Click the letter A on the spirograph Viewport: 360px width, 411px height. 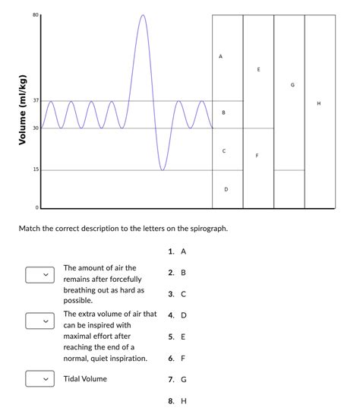pos(220,56)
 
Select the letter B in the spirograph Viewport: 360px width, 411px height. pos(223,112)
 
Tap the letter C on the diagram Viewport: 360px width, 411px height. pos(224,151)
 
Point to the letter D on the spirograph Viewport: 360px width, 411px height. pos(226,188)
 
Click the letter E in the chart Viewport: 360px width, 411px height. pos(258,69)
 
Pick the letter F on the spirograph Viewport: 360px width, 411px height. pos(257,156)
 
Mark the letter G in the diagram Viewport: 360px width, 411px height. pos(292,84)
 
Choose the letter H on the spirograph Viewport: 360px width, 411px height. pos(319,103)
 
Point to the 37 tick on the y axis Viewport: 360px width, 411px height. pos(35,101)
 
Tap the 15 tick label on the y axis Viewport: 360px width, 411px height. pos(35,169)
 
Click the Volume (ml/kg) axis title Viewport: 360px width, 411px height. pos(23,111)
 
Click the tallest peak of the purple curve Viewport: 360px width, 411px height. pos(142,16)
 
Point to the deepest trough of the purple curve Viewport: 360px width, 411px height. pos(163,169)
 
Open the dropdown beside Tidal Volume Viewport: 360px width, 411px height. pos(39,378)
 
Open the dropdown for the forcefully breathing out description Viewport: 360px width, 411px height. pos(39,274)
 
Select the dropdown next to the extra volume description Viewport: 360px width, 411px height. pos(39,321)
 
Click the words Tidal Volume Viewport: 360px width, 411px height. pos(85,378)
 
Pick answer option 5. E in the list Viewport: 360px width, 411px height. pos(178,336)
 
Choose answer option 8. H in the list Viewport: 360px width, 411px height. pos(178,400)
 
